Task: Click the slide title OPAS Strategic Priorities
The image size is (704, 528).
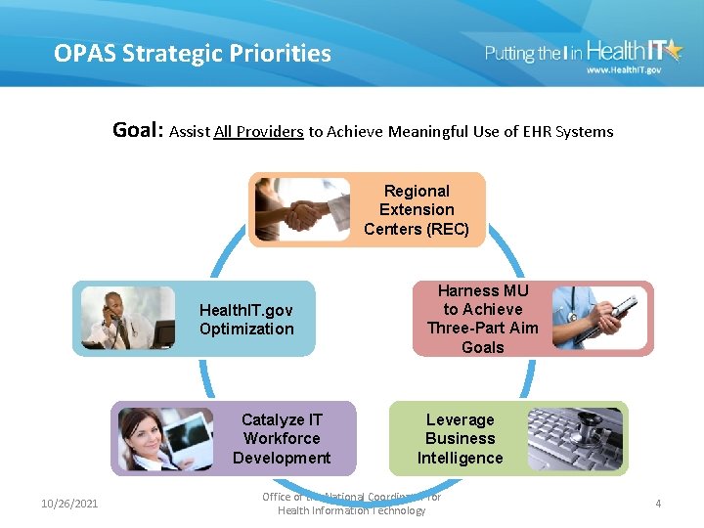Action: (193, 53)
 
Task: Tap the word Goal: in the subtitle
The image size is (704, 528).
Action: (139, 130)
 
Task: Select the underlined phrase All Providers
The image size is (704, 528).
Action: (258, 131)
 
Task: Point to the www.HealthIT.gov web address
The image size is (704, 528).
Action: (623, 70)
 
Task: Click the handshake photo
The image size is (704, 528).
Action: (301, 209)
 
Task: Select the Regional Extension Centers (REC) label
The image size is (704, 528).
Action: (417, 210)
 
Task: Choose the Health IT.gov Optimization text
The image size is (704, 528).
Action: (246, 320)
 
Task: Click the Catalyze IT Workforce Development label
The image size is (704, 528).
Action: (282, 439)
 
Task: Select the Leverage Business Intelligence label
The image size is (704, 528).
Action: (460, 439)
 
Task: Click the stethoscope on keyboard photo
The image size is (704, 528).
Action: (574, 439)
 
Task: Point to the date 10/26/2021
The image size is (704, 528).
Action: (69, 504)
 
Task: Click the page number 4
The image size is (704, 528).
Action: (658, 504)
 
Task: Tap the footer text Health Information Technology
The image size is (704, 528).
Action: (351, 510)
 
